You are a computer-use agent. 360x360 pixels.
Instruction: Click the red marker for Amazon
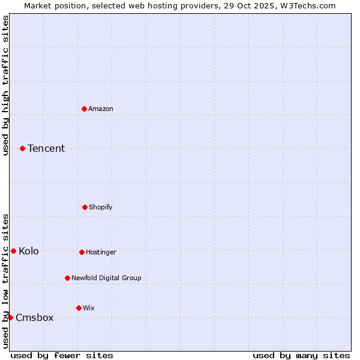pyautogui.click(x=85, y=109)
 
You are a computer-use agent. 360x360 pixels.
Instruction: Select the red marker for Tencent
pyautogui.click(x=22, y=148)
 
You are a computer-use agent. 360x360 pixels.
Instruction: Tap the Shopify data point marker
pyautogui.click(x=85, y=207)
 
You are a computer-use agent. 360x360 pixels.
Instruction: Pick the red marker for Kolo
pyautogui.click(x=13, y=251)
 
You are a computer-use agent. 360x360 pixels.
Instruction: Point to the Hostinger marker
pyautogui.click(x=82, y=252)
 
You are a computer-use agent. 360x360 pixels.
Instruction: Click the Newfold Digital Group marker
pyautogui.click(x=67, y=278)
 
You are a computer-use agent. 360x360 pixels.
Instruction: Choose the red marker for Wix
pyautogui.click(x=79, y=308)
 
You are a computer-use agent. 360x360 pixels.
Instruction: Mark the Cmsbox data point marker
pyautogui.click(x=10, y=317)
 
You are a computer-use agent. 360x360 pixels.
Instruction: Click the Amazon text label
pyautogui.click(x=101, y=109)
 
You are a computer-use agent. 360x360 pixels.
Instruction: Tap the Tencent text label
pyautogui.click(x=46, y=148)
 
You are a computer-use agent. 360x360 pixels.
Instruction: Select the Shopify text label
pyautogui.click(x=101, y=207)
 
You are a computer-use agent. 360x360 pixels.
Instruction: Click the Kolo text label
pyautogui.click(x=29, y=251)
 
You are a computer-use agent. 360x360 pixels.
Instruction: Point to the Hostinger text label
pyautogui.click(x=101, y=252)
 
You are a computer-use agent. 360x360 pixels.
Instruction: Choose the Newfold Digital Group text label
pyautogui.click(x=106, y=278)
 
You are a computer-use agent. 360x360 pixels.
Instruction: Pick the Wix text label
pyautogui.click(x=89, y=308)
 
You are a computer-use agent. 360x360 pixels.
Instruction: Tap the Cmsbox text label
pyautogui.click(x=35, y=317)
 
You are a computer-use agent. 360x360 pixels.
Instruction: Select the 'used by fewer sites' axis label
pyautogui.click(x=62, y=355)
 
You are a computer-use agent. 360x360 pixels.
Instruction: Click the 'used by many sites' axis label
pyautogui.click(x=301, y=355)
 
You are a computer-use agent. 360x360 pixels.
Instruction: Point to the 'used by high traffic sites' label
pyautogui.click(x=5, y=85)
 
